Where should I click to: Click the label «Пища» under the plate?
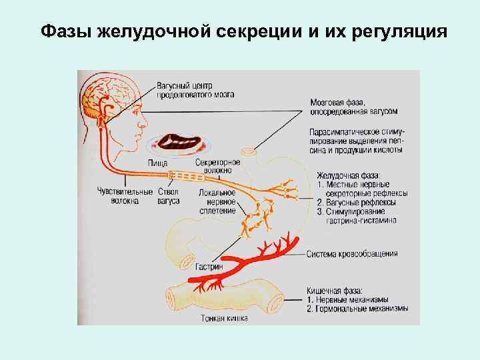pos(157,163)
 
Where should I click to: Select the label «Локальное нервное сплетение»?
pos(217,201)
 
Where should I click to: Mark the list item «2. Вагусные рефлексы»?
pos(356,202)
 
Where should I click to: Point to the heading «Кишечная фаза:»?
pos(335,291)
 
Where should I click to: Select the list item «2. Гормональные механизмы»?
pos(357,309)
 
